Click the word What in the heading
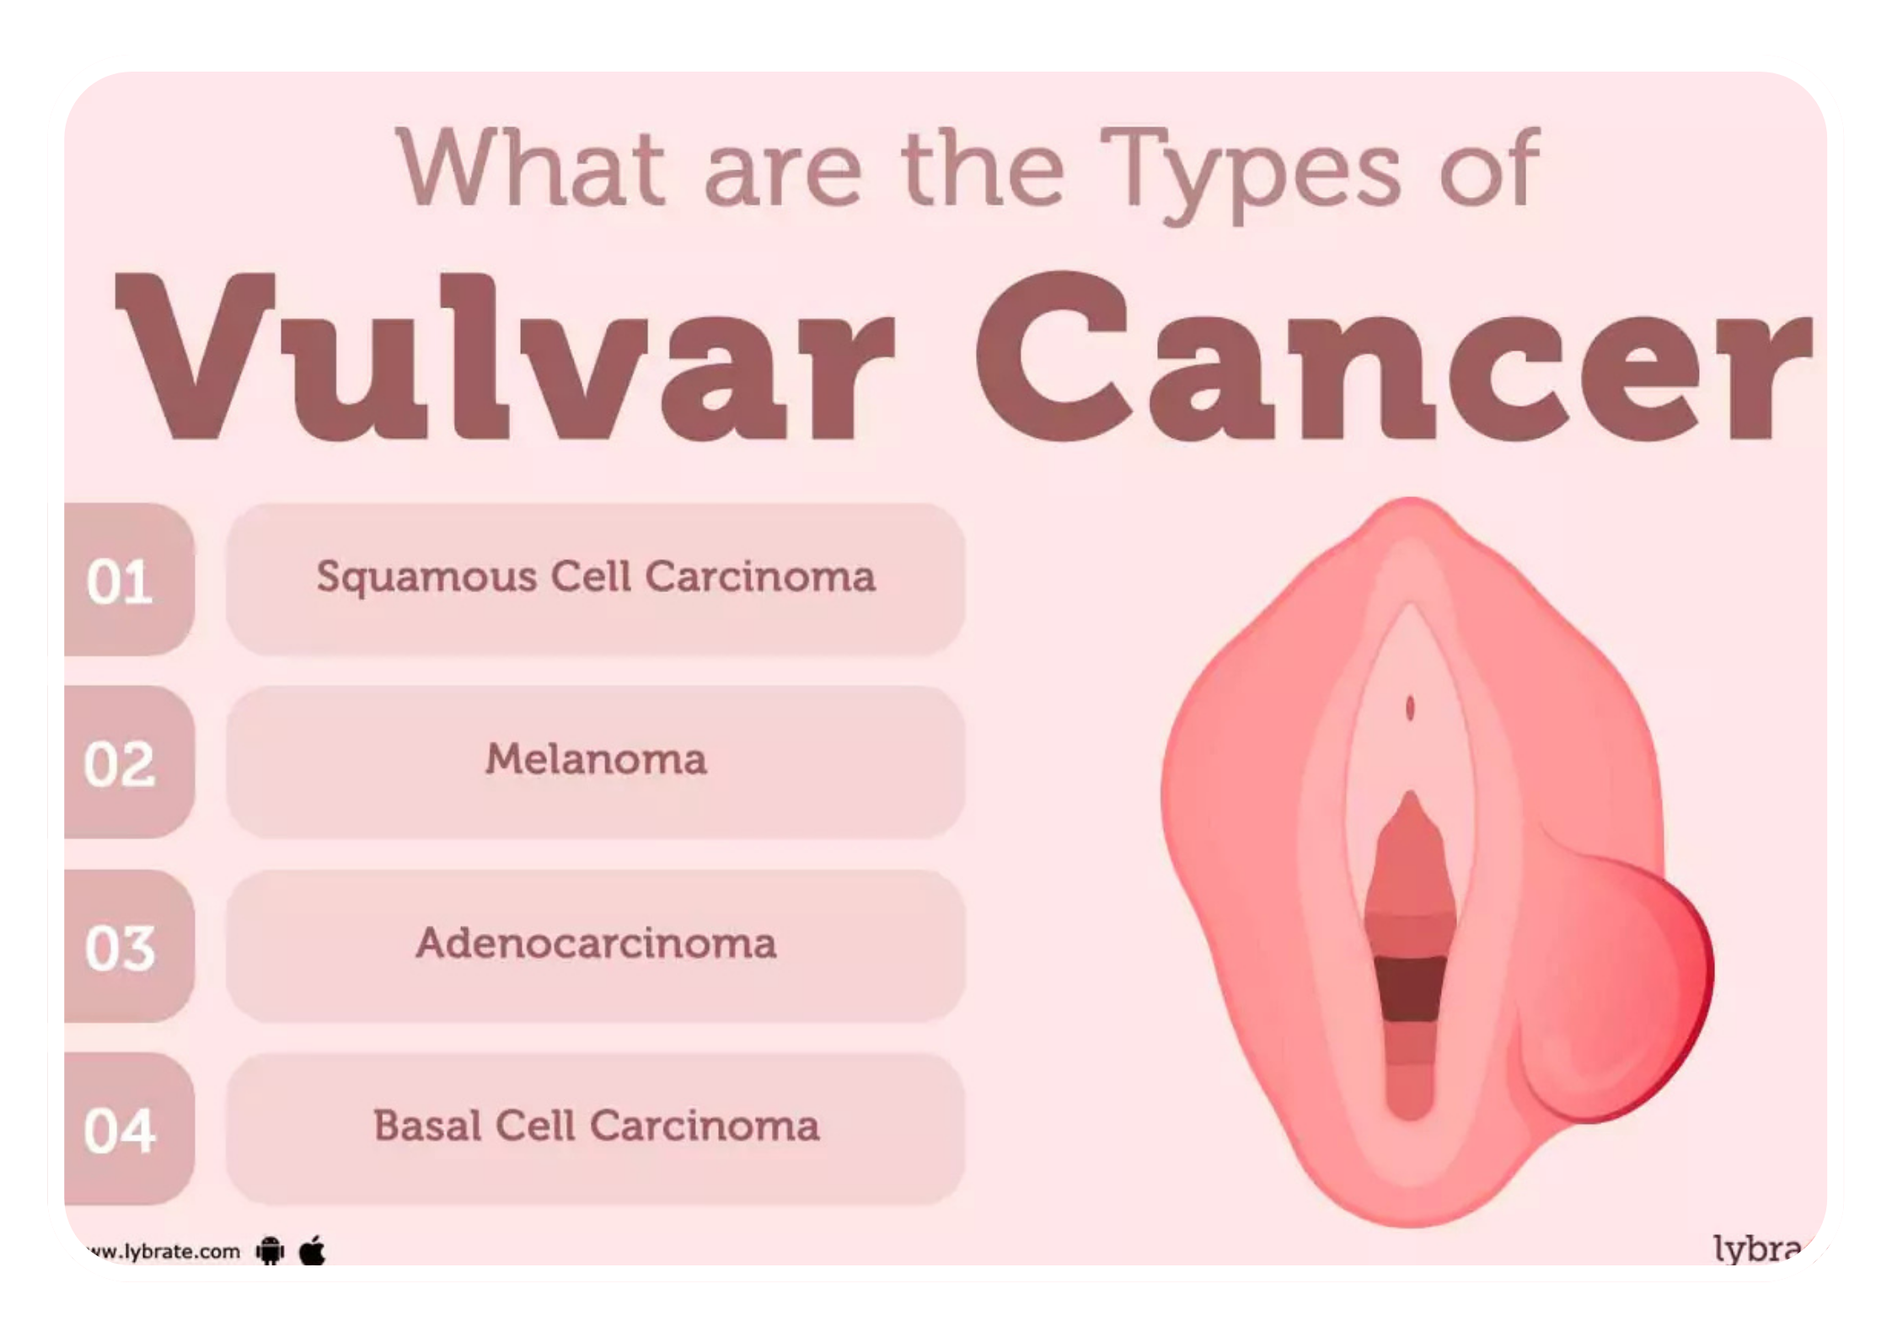(x=531, y=166)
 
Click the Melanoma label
(x=596, y=759)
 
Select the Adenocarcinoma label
(x=596, y=943)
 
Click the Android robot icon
(x=270, y=1250)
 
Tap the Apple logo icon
(x=313, y=1250)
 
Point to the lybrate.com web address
(x=161, y=1252)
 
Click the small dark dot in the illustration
(x=1410, y=709)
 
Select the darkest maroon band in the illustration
(x=1410, y=989)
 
